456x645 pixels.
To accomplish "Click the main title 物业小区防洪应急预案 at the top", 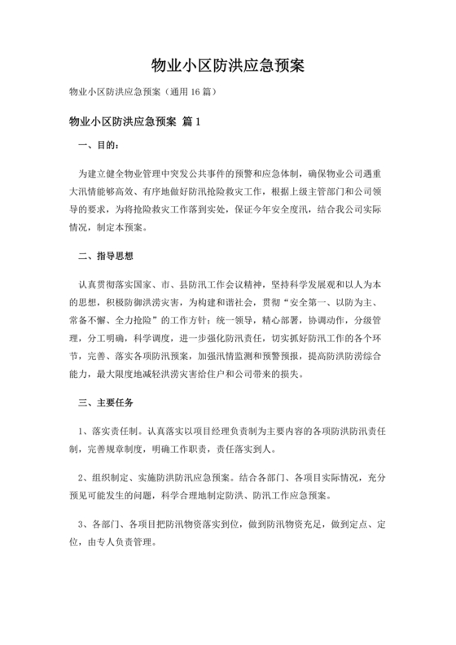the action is coord(228,64).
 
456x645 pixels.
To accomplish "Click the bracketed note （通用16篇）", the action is coord(187,91).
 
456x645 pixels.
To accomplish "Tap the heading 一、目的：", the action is coord(97,147).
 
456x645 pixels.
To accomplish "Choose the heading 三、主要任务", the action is coord(105,402).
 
